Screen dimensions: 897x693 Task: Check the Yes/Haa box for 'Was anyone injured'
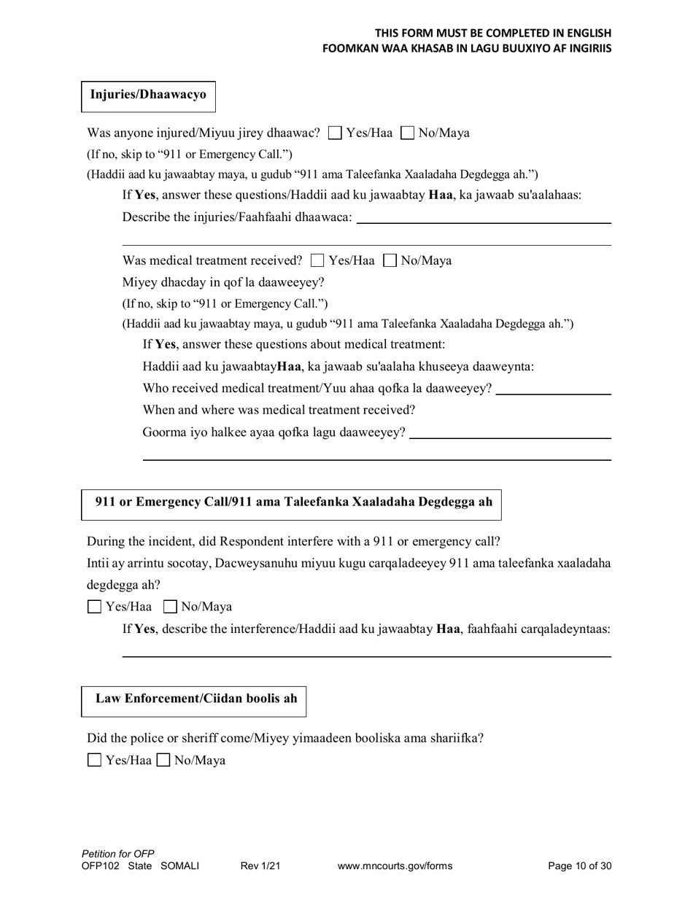click(335, 133)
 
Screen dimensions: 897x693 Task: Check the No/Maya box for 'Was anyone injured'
click(409, 133)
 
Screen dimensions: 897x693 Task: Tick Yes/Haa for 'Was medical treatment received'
click(317, 260)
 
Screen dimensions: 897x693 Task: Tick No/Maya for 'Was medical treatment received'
click(390, 260)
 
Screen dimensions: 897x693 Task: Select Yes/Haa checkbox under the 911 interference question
click(94, 607)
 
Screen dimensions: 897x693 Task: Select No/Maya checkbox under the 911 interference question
click(170, 607)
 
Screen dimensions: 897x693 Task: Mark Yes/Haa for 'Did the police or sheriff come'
click(94, 761)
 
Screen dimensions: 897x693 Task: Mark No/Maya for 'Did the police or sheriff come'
click(164, 761)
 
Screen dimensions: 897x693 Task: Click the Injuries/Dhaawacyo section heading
click(148, 95)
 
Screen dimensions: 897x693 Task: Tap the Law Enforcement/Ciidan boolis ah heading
click(196, 699)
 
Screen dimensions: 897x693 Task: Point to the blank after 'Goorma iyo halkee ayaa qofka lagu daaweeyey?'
click(510, 432)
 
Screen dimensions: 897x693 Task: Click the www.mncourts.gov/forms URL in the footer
click(395, 866)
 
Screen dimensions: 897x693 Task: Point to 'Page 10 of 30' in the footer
click(579, 866)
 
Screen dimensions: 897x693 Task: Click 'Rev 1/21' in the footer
click(260, 866)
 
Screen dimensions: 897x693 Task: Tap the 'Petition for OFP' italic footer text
click(118, 854)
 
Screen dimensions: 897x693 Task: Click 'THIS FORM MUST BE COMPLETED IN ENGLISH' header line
click(493, 33)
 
